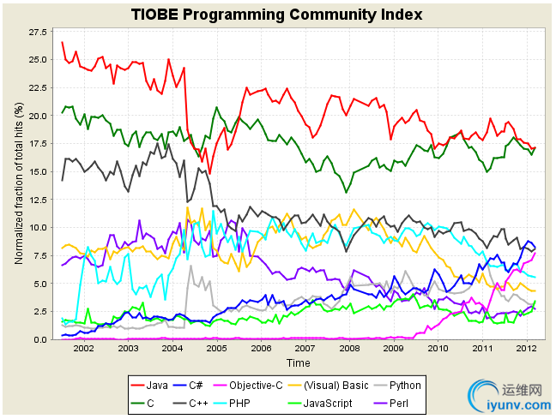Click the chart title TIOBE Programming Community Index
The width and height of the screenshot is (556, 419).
pyautogui.click(x=277, y=15)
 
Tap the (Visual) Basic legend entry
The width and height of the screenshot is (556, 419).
pyautogui.click(x=350, y=385)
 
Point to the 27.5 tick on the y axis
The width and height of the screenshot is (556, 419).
pyautogui.click(x=39, y=32)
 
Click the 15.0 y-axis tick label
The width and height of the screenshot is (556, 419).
pyautogui.click(x=39, y=171)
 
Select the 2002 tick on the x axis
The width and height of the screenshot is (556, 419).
pyautogui.click(x=83, y=348)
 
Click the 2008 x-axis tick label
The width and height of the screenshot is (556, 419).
pyautogui.click(x=349, y=348)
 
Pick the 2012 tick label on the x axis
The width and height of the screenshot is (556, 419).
pyautogui.click(x=526, y=348)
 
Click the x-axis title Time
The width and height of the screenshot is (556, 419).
pyautogui.click(x=298, y=362)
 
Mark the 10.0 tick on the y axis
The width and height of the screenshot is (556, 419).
pyautogui.click(x=39, y=227)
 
